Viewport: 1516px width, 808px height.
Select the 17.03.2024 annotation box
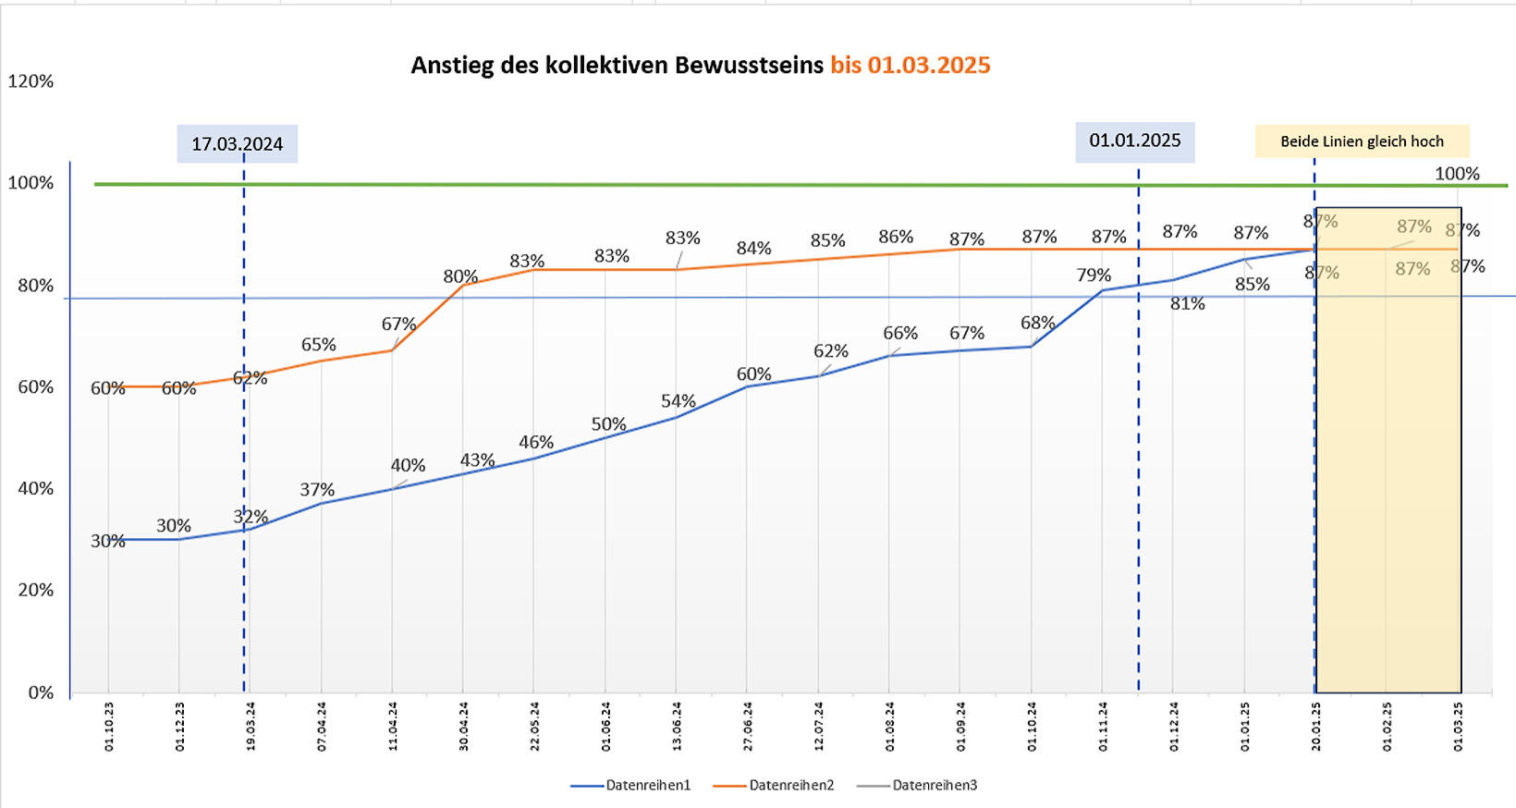[x=238, y=144]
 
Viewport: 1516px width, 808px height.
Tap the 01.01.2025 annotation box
[x=1134, y=141]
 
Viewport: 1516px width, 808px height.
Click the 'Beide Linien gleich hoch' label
[x=1362, y=141]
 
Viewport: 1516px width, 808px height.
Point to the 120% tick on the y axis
[x=31, y=81]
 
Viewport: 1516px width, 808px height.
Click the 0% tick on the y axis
[x=41, y=692]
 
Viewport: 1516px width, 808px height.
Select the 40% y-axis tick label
[x=36, y=488]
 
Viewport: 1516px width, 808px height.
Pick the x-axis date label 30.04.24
[x=463, y=726]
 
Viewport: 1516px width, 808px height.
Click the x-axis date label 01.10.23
[x=109, y=726]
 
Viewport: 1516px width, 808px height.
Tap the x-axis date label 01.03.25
[x=1458, y=726]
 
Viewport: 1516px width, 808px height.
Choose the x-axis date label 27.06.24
[x=747, y=726]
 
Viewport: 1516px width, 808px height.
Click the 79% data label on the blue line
[x=1094, y=275]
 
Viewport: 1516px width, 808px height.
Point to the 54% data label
[x=679, y=401]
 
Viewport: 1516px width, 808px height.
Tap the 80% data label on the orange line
[x=460, y=276]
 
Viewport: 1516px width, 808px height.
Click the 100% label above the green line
[x=1457, y=174]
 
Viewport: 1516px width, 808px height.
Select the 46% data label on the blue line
[x=536, y=442]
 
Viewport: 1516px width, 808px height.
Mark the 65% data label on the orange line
[x=319, y=345]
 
